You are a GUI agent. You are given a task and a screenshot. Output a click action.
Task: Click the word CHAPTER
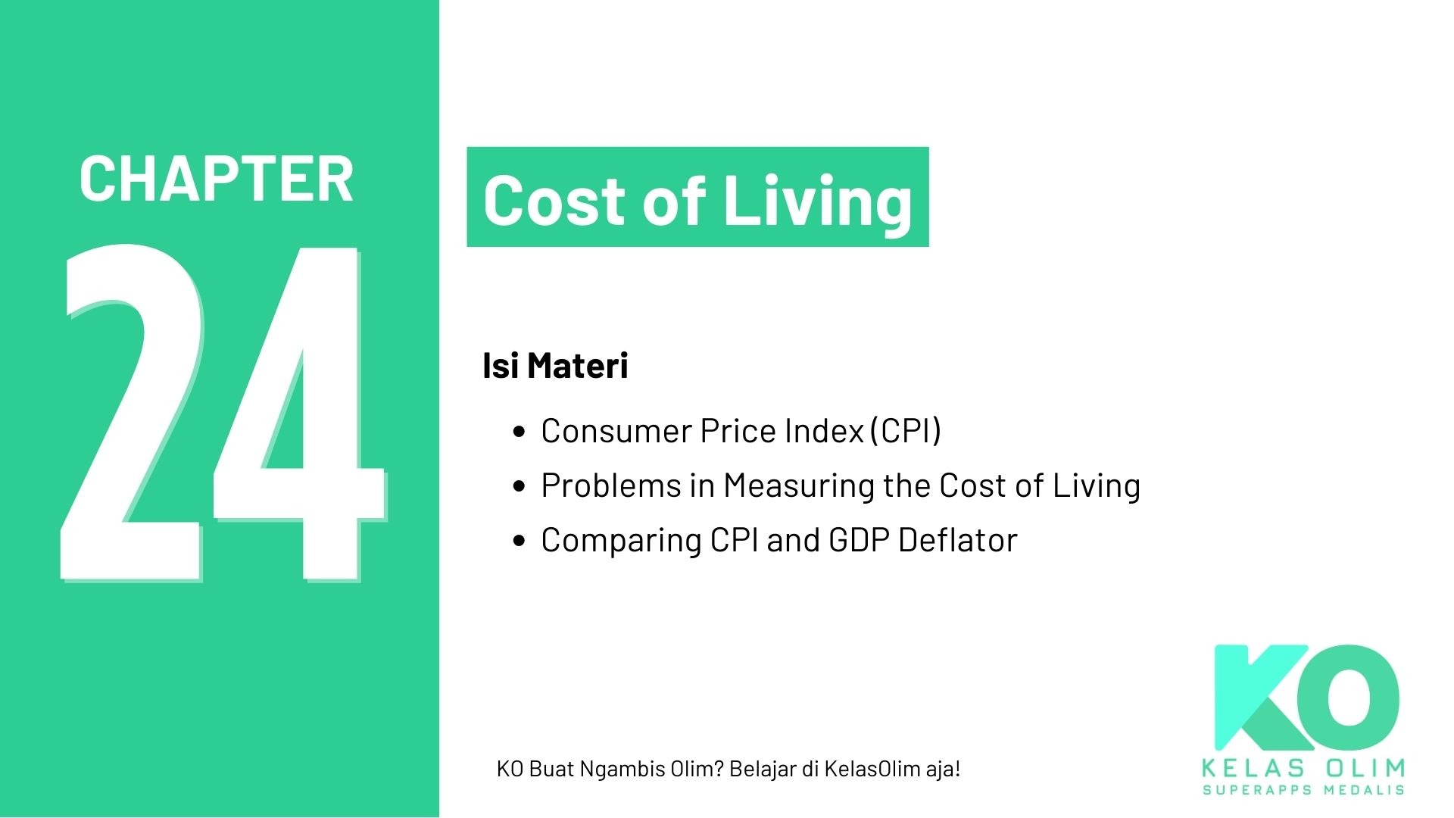tap(216, 179)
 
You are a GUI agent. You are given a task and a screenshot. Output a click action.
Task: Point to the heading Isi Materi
tap(555, 366)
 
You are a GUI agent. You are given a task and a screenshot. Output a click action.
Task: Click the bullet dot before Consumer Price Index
tap(519, 432)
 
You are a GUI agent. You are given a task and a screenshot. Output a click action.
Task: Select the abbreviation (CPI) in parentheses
tap(906, 431)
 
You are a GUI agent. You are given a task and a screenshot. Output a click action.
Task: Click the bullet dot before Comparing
tap(519, 541)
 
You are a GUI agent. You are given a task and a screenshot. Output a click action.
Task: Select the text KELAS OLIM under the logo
tap(1303, 768)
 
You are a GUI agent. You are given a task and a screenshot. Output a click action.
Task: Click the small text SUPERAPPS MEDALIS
tap(1303, 790)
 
